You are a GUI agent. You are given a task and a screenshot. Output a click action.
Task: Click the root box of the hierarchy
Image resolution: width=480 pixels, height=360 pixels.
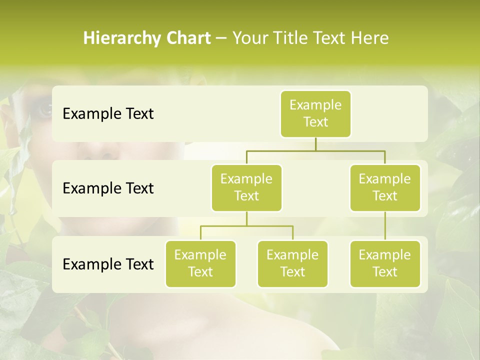[x=315, y=113]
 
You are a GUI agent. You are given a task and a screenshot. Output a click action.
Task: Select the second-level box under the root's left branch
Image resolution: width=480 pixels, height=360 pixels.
[x=246, y=187]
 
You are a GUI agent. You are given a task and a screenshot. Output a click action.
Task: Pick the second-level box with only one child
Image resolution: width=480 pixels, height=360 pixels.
[x=385, y=187]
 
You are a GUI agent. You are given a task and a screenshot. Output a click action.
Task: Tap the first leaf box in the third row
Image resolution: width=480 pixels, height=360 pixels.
[x=200, y=263]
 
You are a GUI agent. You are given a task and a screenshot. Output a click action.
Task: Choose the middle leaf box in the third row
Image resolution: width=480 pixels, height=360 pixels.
[x=292, y=263]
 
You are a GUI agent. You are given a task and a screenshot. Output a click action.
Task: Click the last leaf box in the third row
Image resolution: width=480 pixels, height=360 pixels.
[x=385, y=263]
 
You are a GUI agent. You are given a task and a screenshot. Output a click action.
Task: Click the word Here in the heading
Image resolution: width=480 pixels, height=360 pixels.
[x=370, y=38]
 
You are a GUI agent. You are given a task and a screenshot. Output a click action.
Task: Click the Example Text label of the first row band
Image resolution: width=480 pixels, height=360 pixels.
[x=108, y=114]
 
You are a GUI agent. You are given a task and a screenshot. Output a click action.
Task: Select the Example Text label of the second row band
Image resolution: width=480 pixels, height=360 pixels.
[x=108, y=188]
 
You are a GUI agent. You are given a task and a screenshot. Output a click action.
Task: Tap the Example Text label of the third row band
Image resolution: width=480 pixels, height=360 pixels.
[x=108, y=264]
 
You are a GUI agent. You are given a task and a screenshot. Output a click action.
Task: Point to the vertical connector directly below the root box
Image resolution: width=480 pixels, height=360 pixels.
[x=315, y=144]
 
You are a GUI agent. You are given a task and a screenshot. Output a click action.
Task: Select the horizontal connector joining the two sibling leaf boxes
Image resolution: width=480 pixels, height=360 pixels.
[x=246, y=226]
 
